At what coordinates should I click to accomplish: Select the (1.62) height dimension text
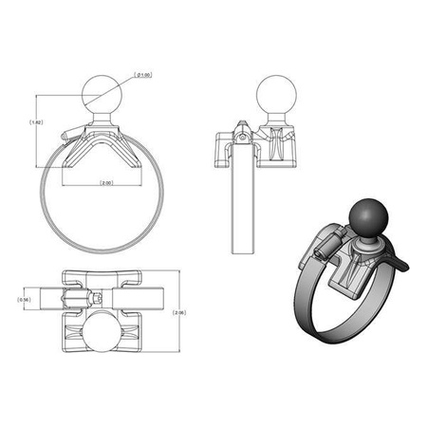pos(36,122)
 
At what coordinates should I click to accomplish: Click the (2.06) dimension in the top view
pos(179,312)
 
